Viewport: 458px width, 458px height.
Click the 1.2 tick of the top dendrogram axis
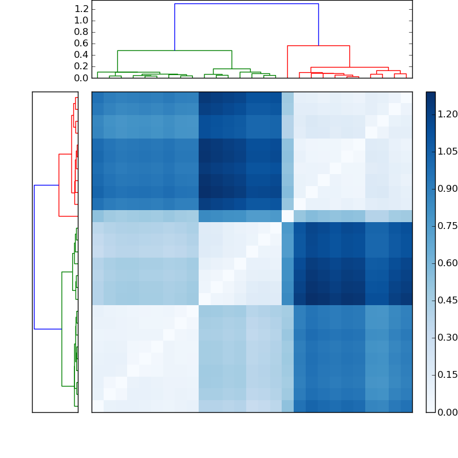(81, 9)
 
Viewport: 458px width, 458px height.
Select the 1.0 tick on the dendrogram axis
(81, 21)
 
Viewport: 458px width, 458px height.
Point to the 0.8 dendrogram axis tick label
(81, 32)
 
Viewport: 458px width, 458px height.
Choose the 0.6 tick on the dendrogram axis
(81, 44)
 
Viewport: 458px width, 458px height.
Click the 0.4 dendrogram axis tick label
(81, 55)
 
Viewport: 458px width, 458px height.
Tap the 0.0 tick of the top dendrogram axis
(81, 78)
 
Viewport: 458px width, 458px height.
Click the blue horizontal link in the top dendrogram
(246, 4)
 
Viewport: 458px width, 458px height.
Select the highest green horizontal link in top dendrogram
(175, 51)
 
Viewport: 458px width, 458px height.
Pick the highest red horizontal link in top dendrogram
(318, 46)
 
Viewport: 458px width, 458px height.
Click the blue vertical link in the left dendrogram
(34, 257)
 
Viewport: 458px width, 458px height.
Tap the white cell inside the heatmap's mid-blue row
(287, 216)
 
